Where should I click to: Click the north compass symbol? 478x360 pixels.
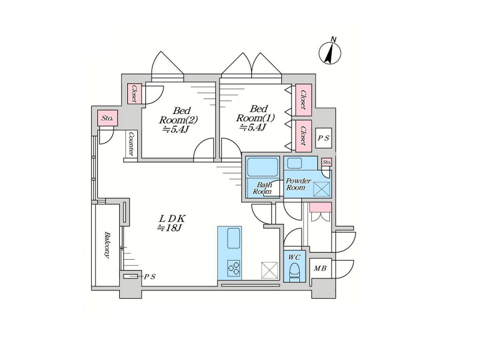tap(330, 52)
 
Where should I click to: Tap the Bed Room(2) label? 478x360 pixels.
tap(178, 120)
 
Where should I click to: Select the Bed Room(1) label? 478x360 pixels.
tap(255, 118)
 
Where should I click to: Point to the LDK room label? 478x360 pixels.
tap(171, 223)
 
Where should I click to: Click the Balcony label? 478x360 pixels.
tap(106, 245)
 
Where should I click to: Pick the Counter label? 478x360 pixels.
tap(131, 144)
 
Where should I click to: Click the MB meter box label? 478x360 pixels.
tap(320, 268)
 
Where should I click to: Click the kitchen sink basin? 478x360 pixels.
tap(234, 238)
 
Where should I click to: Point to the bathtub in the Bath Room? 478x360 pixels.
tap(263, 167)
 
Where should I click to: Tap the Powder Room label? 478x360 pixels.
tap(298, 184)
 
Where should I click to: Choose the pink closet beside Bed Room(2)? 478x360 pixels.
tap(134, 94)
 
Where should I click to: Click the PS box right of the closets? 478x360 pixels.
tap(323, 138)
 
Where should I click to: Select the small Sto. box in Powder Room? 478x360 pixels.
tap(327, 163)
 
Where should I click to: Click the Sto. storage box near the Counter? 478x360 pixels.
tap(107, 118)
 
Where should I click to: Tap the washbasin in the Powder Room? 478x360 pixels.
tap(294, 164)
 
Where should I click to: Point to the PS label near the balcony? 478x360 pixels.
tap(150, 277)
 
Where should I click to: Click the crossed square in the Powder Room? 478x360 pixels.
tap(321, 189)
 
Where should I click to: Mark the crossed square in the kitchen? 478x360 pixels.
tap(270, 270)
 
